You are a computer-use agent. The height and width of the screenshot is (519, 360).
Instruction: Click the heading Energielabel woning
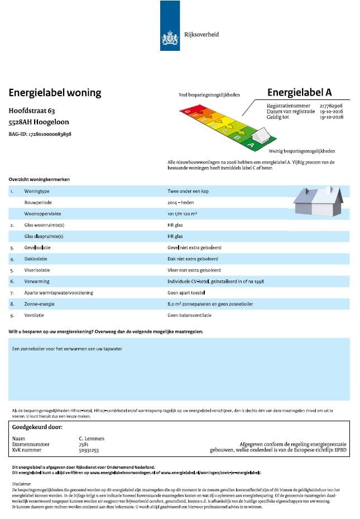[55, 93]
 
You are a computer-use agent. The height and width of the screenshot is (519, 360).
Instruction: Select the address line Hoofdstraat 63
[32, 111]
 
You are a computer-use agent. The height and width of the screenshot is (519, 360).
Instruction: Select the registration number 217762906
[331, 106]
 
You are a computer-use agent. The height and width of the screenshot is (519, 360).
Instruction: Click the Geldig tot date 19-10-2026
[331, 118]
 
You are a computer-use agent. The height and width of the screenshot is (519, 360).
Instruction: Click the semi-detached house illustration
[318, 201]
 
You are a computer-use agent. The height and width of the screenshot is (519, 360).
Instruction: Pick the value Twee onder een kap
[188, 191]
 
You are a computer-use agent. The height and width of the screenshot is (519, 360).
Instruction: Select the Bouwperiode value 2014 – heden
[182, 202]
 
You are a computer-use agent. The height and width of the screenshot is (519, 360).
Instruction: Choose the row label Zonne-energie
[39, 303]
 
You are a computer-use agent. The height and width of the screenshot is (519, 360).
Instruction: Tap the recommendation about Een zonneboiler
[67, 349]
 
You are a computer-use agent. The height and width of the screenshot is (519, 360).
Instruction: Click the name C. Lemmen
[92, 439]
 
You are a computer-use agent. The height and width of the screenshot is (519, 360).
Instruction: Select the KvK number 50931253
[89, 450]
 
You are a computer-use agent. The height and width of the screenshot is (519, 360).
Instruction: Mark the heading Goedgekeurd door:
[37, 427]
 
